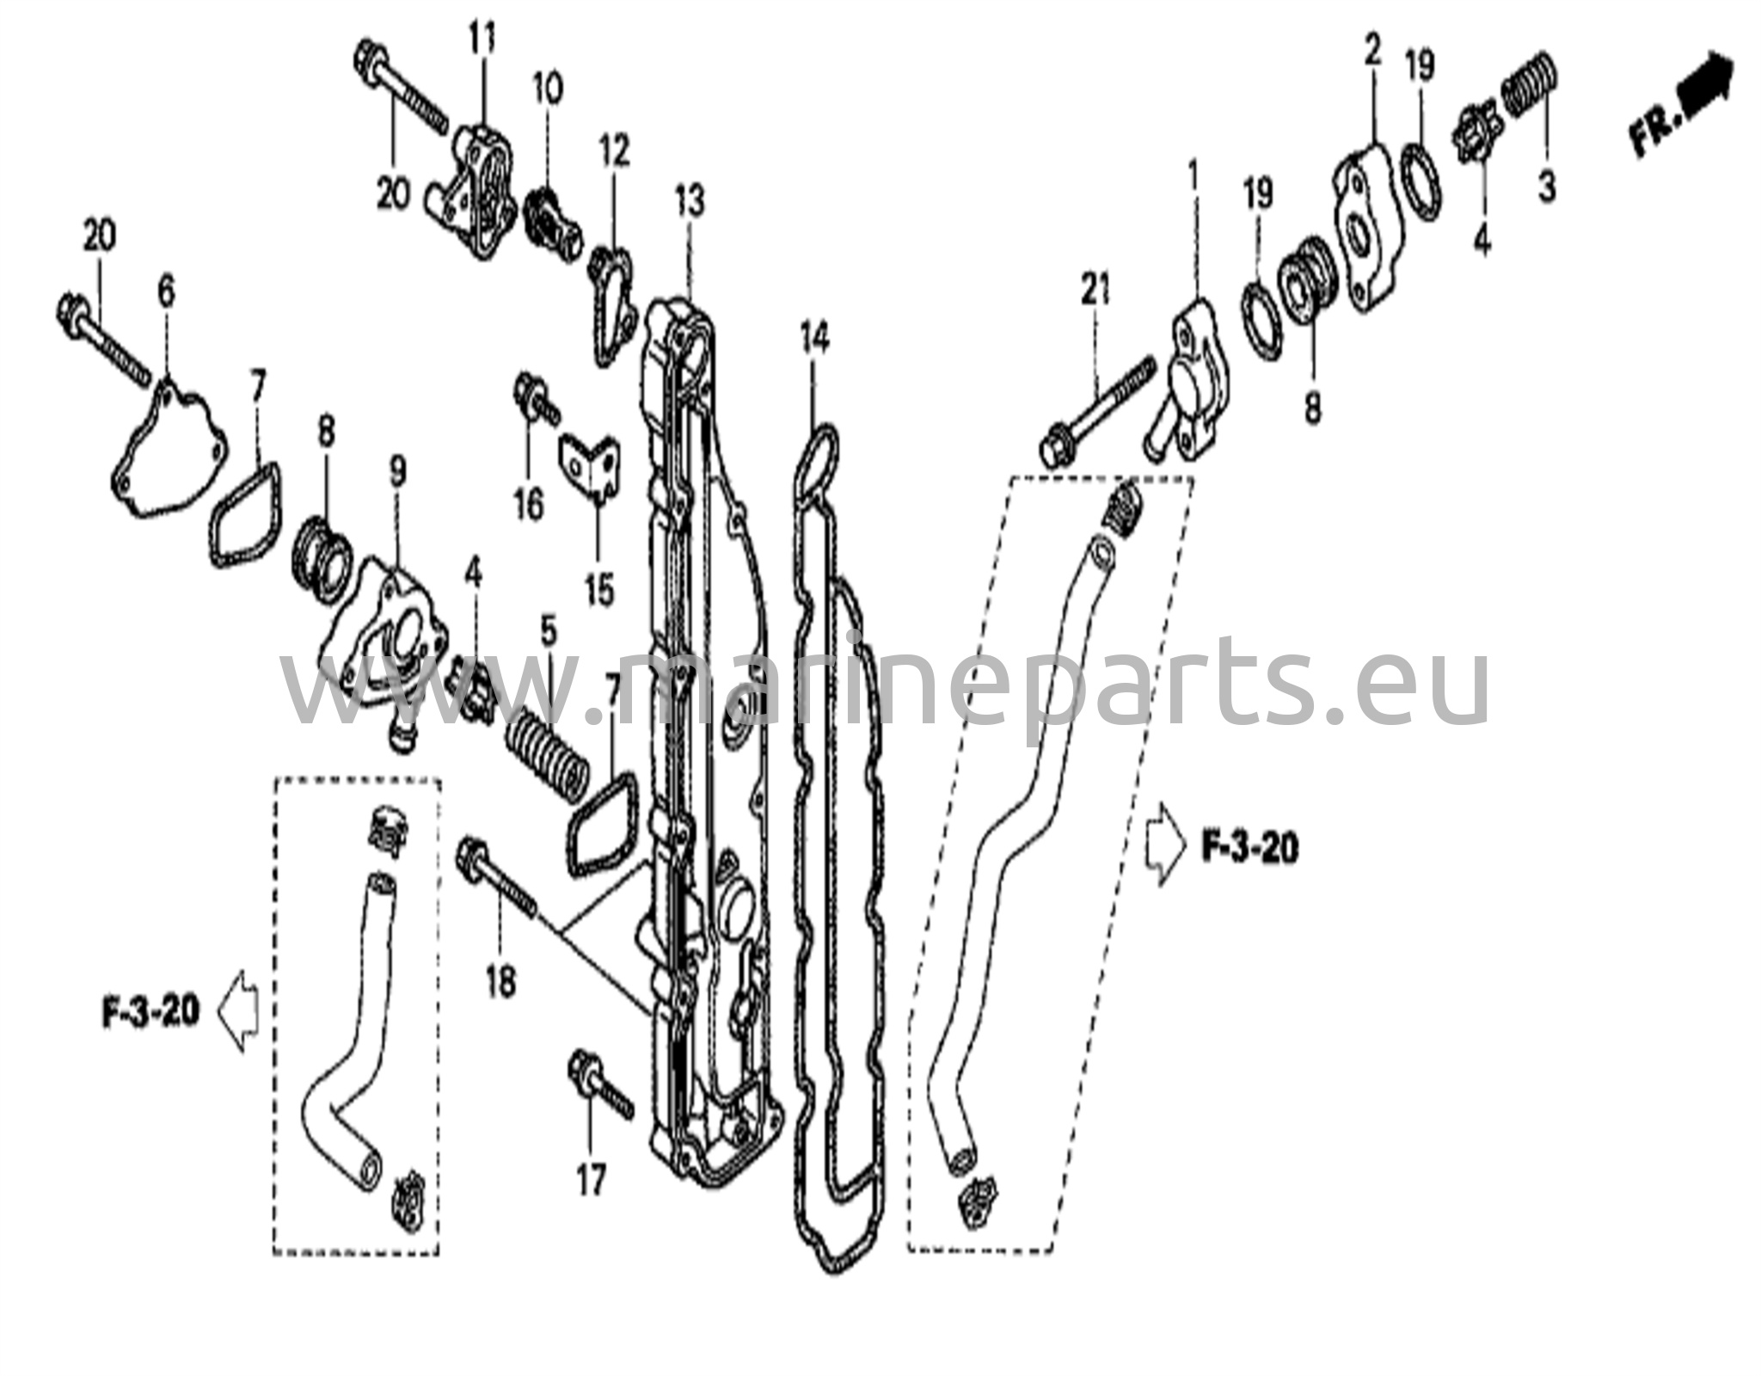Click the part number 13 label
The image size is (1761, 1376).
click(690, 201)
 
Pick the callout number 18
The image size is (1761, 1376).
click(500, 980)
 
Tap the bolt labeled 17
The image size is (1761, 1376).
click(599, 1089)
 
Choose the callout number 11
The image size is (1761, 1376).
click(482, 38)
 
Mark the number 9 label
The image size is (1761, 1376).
click(397, 471)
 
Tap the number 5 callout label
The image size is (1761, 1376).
click(549, 632)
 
